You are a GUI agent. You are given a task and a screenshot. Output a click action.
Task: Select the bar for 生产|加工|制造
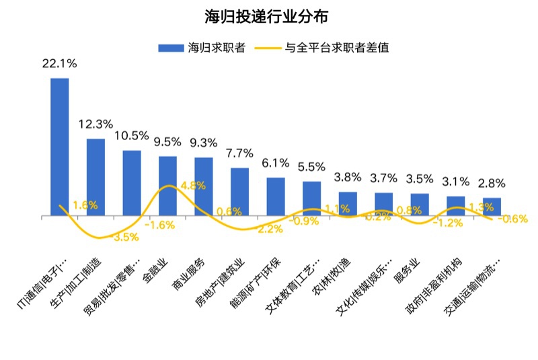pyautogui.click(x=95, y=178)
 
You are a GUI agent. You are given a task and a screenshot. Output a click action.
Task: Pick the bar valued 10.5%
pyautogui.click(x=132, y=183)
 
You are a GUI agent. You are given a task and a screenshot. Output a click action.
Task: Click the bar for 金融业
pyautogui.click(x=167, y=186)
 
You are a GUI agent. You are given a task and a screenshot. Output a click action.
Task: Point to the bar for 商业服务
pyautogui.click(x=204, y=186)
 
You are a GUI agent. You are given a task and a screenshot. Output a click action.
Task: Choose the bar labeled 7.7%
pyautogui.click(x=239, y=192)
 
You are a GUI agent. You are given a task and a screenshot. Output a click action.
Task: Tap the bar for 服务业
pyautogui.click(x=420, y=205)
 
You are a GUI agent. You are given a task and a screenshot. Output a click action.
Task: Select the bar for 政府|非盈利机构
pyautogui.click(x=455, y=206)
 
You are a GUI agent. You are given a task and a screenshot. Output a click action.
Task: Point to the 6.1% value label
pyautogui.click(x=276, y=163)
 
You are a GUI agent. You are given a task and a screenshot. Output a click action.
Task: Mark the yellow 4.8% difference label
pyautogui.click(x=193, y=186)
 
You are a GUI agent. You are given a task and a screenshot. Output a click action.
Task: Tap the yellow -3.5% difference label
pyautogui.click(x=125, y=237)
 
